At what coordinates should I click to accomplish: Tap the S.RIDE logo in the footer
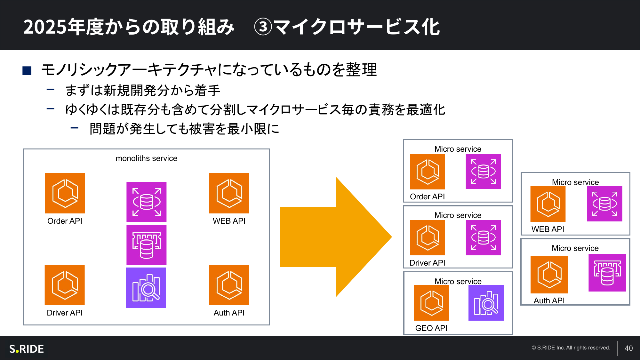[x=27, y=349]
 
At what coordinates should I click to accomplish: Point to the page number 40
[x=628, y=348]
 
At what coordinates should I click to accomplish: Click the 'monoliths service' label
[x=146, y=158]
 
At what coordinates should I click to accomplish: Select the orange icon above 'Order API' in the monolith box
[x=65, y=193]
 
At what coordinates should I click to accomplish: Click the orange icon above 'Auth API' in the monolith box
[x=229, y=285]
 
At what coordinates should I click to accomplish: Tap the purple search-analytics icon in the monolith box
[x=146, y=288]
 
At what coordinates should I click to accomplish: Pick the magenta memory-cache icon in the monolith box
[x=146, y=245]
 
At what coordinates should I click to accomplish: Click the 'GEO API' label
[x=431, y=328]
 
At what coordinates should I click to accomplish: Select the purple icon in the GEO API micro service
[x=486, y=303]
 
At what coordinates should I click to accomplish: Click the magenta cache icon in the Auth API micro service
[x=607, y=273]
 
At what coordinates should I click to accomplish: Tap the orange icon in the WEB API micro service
[x=548, y=204]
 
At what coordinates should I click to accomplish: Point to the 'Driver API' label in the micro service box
[x=427, y=263]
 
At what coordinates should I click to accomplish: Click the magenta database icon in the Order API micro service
[x=483, y=172]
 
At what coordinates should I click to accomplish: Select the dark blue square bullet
[x=27, y=71]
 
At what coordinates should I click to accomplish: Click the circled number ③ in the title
[x=263, y=27]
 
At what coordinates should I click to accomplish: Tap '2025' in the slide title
[x=45, y=27]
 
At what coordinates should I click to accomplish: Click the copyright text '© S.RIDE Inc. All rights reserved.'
[x=571, y=348]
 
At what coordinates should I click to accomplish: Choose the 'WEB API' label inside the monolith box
[x=229, y=221]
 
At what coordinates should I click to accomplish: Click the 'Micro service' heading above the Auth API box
[x=575, y=248]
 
